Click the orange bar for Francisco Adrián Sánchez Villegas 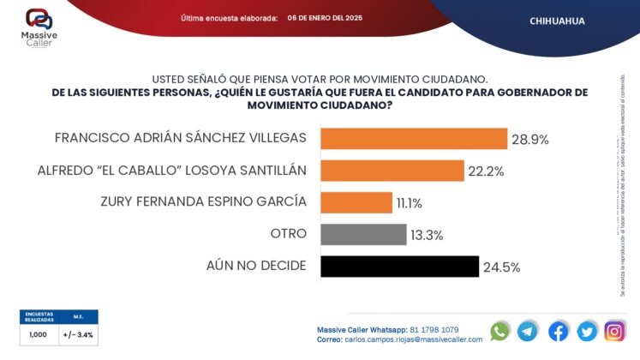click(414, 139)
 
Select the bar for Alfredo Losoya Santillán click(392, 171)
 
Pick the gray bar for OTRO click(363, 234)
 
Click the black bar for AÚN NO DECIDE click(399, 266)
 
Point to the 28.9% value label click(531, 139)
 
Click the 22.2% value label click(486, 171)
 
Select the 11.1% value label click(409, 203)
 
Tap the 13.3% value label click(426, 235)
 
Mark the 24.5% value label click(501, 267)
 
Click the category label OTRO click(288, 233)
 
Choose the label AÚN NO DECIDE click(256, 265)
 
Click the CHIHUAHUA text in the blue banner click(558, 20)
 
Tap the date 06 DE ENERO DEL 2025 click(325, 17)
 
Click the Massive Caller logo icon click(38, 18)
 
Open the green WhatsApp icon click(499, 331)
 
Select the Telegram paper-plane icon click(528, 331)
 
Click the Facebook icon click(558, 331)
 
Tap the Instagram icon click(614, 331)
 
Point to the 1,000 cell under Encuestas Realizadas click(39, 334)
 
